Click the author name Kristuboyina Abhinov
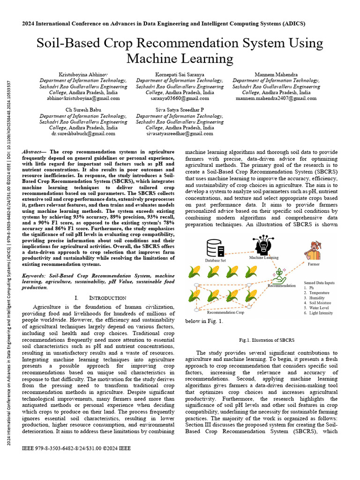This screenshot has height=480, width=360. coord(83,75)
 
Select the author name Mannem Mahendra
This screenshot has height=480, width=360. coord(276,75)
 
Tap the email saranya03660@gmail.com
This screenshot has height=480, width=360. coord(180,99)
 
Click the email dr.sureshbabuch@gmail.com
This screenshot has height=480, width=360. coord(83,134)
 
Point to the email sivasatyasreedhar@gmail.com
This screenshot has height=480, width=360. coord(180,134)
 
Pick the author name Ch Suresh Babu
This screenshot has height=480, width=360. coord(83,110)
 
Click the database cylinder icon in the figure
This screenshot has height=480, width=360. coord(214,248)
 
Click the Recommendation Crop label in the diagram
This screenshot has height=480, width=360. coord(225,312)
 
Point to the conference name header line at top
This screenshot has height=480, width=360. coord(180,23)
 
